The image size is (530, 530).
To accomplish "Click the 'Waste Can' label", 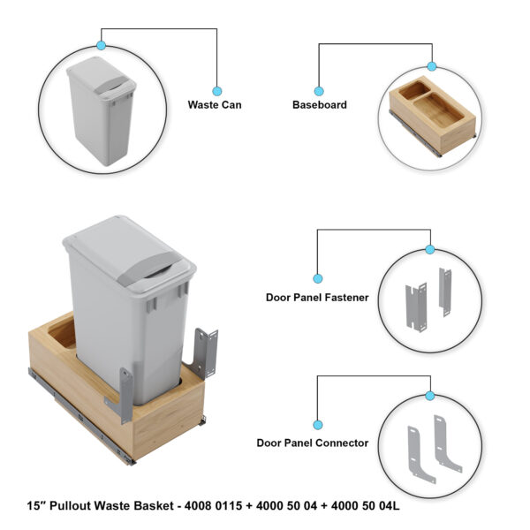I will tap(214, 104).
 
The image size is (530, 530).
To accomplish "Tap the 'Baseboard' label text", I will tap(319, 104).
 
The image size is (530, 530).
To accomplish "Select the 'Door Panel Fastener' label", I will tap(317, 298).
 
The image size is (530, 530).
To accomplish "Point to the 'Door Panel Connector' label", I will tap(313, 443).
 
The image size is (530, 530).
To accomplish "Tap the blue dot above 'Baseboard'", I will tap(318, 89).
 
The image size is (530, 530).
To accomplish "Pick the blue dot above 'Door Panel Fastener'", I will tap(317, 277).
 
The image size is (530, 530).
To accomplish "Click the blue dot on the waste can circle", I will tap(101, 45).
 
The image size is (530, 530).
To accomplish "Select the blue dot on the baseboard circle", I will tap(432, 66).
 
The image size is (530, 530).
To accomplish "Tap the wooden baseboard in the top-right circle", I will tap(434, 110).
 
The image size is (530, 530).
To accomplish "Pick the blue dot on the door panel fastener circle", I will tap(430, 250).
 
